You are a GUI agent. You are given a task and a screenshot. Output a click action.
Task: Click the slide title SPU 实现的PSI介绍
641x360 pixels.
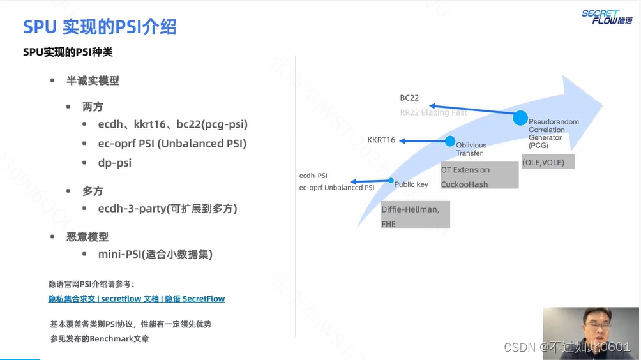[100, 27]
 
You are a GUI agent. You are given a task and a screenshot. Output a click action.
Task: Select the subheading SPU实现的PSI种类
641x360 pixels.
[68, 52]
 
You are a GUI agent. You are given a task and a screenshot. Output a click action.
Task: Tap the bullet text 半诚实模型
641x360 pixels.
[93, 81]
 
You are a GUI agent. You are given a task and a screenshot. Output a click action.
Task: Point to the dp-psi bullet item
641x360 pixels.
[115, 163]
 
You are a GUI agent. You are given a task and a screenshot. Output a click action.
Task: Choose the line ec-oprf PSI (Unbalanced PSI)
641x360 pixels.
[172, 144]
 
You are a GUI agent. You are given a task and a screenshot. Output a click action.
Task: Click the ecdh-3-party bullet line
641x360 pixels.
[168, 209]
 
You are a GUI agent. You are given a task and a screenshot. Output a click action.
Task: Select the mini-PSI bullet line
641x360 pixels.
[155, 254]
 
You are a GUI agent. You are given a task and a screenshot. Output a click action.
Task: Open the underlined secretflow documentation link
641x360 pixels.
[137, 299]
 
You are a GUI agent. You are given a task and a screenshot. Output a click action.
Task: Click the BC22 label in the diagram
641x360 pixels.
[409, 98]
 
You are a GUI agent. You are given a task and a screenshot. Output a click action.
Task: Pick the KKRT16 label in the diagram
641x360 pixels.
[381, 140]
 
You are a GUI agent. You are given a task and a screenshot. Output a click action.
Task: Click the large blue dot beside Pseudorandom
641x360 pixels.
[520, 118]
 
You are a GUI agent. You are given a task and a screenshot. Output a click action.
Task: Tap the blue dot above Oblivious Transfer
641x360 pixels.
[450, 141]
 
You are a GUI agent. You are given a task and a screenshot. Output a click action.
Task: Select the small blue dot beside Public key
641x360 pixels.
[391, 181]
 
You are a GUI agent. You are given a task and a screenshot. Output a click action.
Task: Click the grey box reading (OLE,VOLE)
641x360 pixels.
[548, 161]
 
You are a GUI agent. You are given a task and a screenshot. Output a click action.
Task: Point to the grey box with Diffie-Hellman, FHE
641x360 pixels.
[416, 215]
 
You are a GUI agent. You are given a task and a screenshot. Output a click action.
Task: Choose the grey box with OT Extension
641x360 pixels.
[479, 176]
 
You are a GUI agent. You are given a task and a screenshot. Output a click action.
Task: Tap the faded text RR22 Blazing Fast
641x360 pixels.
[434, 112]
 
